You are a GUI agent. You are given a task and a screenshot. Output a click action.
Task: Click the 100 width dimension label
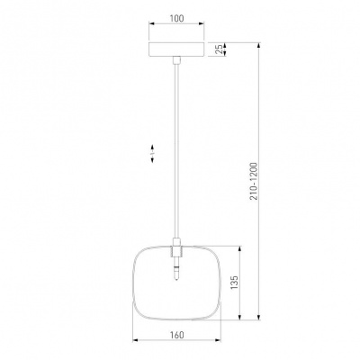[176, 18]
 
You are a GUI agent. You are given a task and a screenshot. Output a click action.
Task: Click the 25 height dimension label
[220, 49]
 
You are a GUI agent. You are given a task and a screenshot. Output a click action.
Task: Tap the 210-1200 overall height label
[254, 181]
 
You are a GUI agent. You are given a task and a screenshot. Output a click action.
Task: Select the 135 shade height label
[234, 283]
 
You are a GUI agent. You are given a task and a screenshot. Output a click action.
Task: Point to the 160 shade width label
[177, 335]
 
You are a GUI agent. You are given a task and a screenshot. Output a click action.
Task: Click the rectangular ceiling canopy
[176, 49]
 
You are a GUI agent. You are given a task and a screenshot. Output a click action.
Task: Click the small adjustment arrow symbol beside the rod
[152, 153]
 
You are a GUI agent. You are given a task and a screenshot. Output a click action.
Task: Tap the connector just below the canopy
[176, 60]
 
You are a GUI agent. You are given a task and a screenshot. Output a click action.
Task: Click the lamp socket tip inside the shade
[176, 279]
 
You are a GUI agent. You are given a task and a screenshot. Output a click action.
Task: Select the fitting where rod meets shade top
[176, 247]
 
